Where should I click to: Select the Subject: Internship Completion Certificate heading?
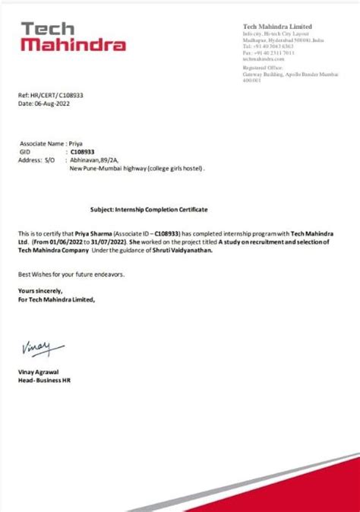149,208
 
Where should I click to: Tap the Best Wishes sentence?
71,273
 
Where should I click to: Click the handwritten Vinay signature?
36,349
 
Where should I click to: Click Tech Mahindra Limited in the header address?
277,27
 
